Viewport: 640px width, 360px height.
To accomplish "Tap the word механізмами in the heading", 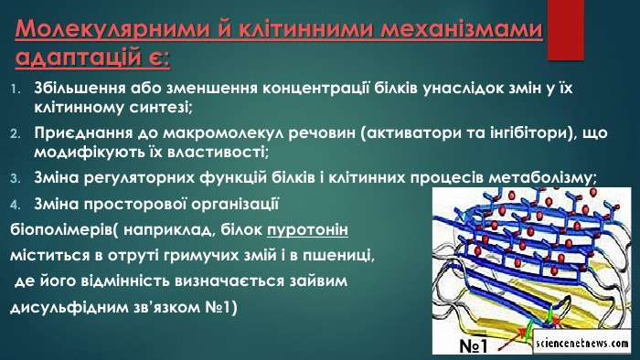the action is pyautogui.click(x=448, y=30).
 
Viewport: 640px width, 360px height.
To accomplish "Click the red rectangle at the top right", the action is pyautogui.click(x=565, y=30).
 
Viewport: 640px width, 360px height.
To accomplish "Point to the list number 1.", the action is pyautogui.click(x=16, y=89).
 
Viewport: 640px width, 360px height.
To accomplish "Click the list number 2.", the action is pyautogui.click(x=16, y=133).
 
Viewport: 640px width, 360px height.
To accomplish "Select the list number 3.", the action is pyautogui.click(x=16, y=178).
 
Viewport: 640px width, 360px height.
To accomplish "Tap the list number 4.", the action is pyautogui.click(x=16, y=205).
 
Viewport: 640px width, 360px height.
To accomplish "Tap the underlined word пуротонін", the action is pyautogui.click(x=308, y=230).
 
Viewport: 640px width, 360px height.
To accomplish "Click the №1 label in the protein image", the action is pyautogui.click(x=474, y=346).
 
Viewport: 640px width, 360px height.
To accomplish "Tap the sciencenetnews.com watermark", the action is pyautogui.click(x=582, y=344).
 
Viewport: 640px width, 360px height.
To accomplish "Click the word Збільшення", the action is pyautogui.click(x=80, y=89).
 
